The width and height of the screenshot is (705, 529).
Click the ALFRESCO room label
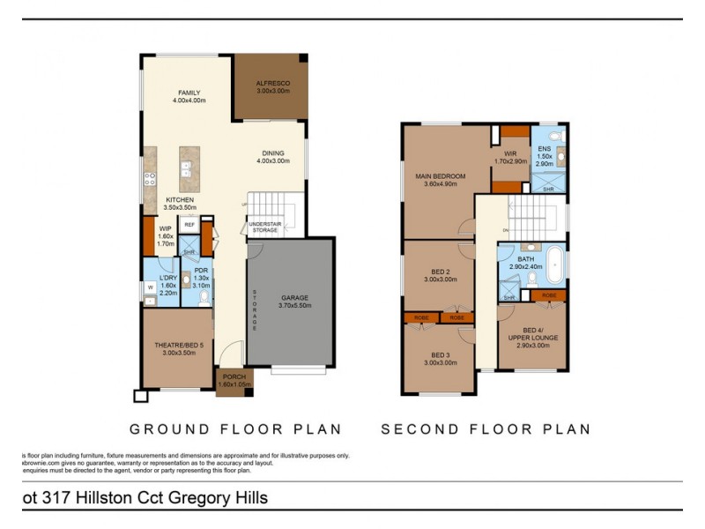pyautogui.click(x=272, y=83)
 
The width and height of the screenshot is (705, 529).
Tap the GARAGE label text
pyautogui.click(x=294, y=298)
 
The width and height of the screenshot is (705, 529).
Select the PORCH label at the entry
pyautogui.click(x=234, y=377)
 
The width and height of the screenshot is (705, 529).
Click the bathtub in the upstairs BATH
pyautogui.click(x=554, y=265)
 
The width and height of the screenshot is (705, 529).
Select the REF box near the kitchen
pyautogui.click(x=189, y=226)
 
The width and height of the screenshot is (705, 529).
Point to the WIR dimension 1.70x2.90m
pyautogui.click(x=510, y=162)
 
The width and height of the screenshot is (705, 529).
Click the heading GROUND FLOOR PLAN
pyautogui.click(x=235, y=430)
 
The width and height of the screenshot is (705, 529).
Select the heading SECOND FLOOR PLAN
pyautogui.click(x=486, y=430)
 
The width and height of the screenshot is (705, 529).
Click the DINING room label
pyautogui.click(x=272, y=152)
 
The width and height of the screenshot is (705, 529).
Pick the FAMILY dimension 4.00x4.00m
pyautogui.click(x=189, y=101)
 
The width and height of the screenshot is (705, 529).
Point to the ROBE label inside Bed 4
pyautogui.click(x=549, y=295)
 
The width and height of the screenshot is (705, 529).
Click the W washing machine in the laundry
pyautogui.click(x=151, y=287)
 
